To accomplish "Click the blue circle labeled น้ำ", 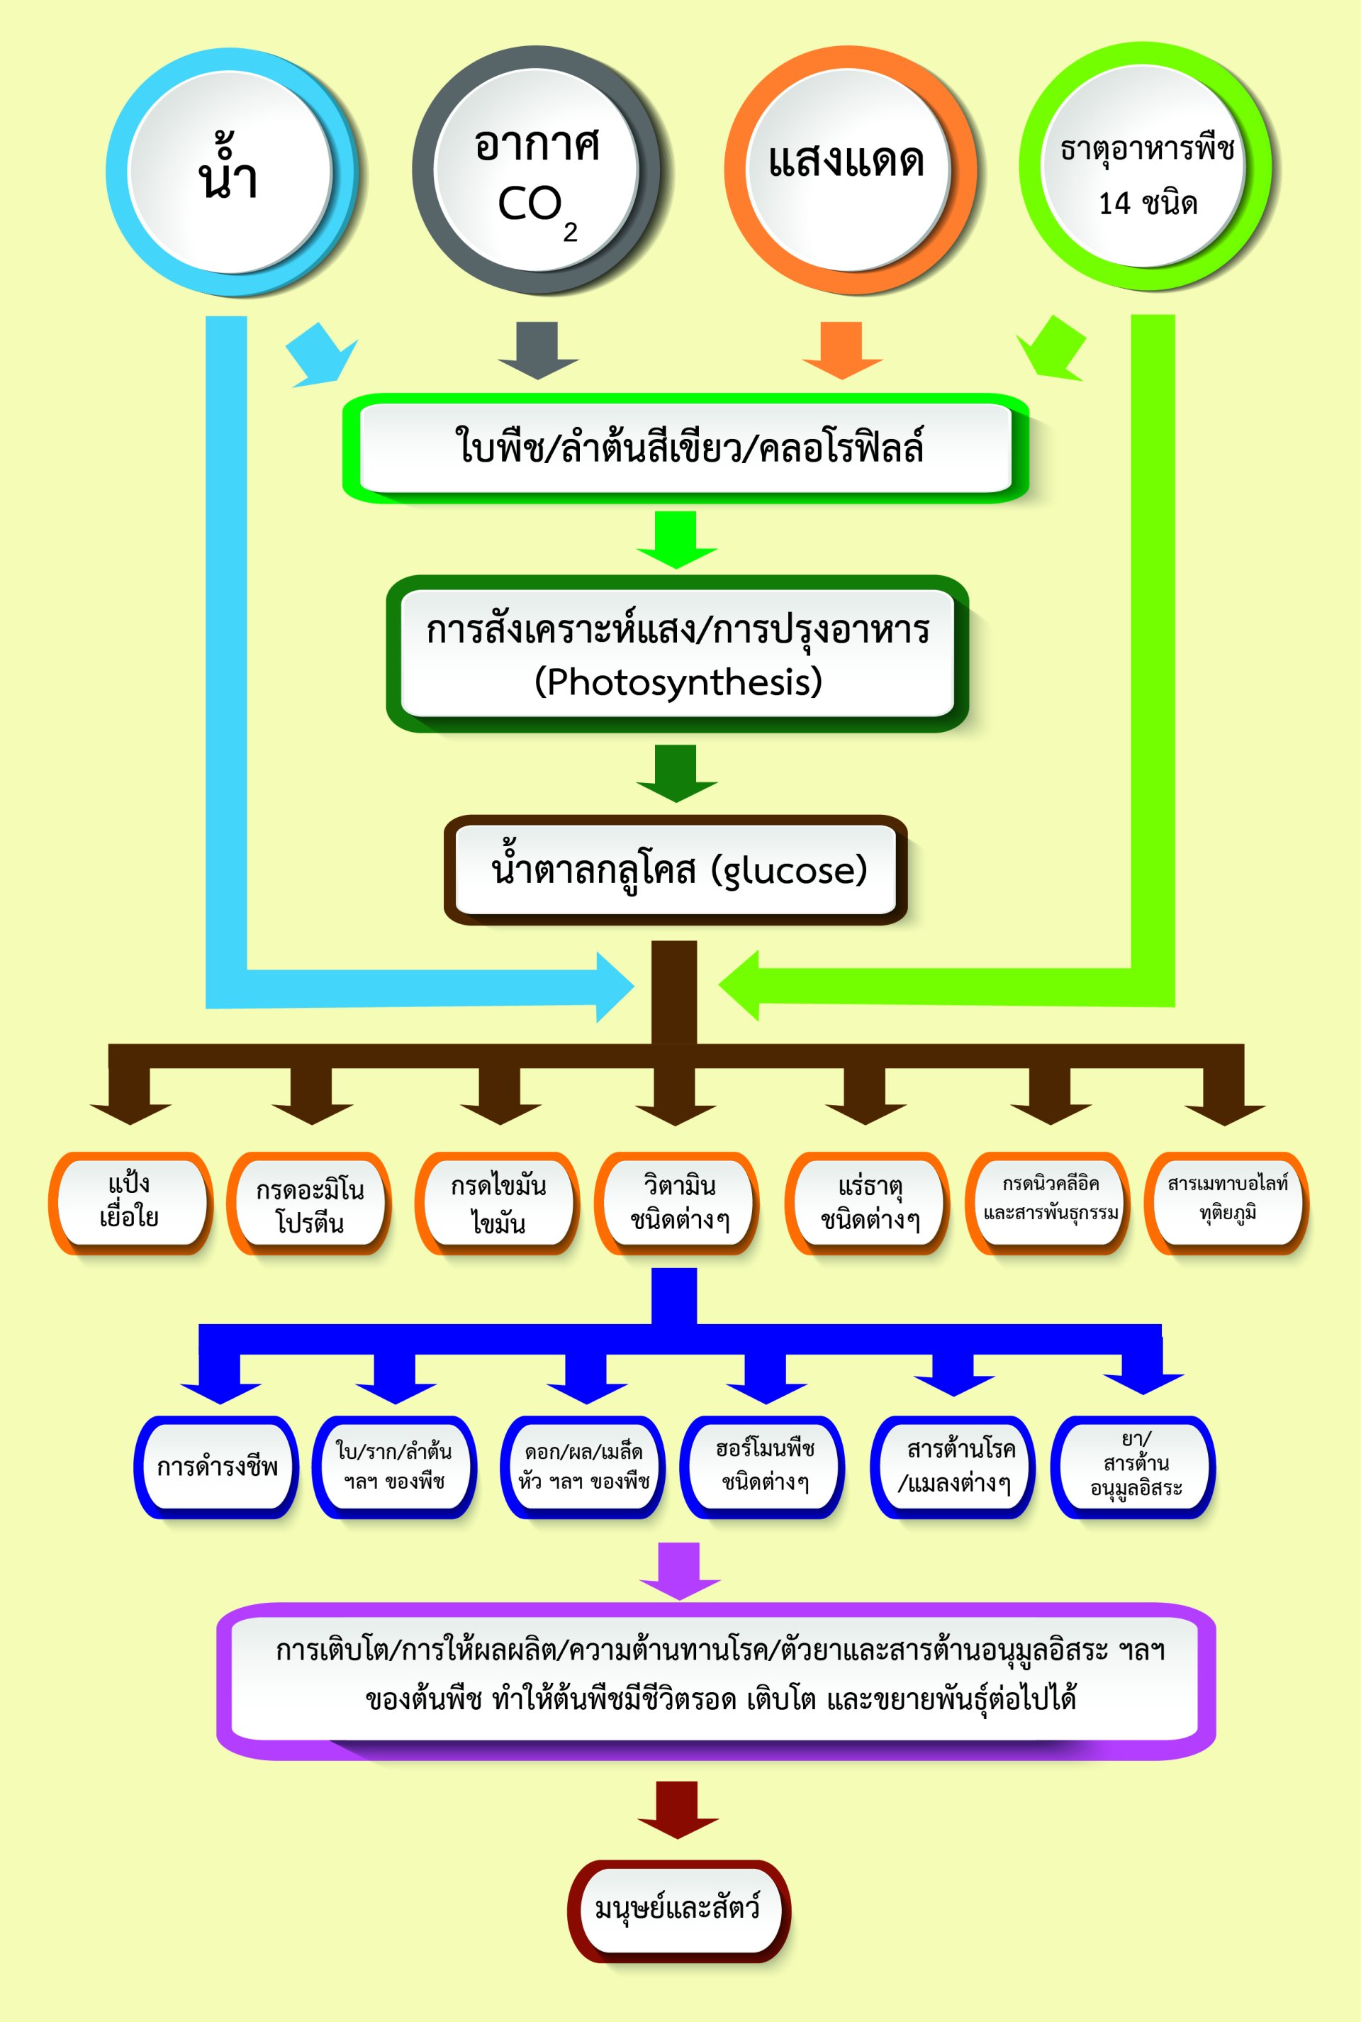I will click(x=230, y=171).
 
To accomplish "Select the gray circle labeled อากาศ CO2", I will click(x=537, y=171).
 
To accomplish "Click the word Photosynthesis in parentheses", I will click(x=678, y=682).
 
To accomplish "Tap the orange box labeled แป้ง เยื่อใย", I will click(x=130, y=1201).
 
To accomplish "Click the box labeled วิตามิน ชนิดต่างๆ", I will click(x=678, y=1202).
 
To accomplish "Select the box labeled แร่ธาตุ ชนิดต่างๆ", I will click(x=867, y=1202).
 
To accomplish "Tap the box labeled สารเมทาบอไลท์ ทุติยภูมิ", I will click(x=1226, y=1201).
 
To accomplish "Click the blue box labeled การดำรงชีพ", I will click(x=217, y=1467).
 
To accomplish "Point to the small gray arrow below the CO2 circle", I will click(x=538, y=350).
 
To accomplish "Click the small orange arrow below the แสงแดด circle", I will click(x=842, y=350).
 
